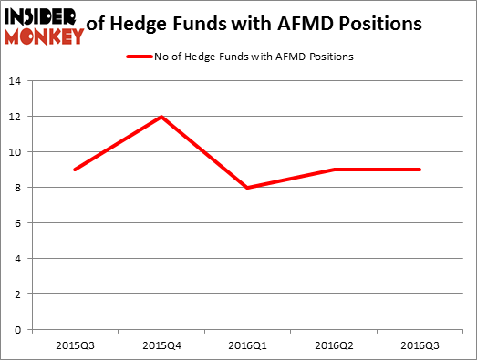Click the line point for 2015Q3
click(74, 170)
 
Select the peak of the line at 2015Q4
click(161, 117)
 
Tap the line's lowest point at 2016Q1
click(249, 188)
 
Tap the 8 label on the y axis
click(18, 188)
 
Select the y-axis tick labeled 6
click(18, 223)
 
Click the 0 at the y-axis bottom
click(18, 330)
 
